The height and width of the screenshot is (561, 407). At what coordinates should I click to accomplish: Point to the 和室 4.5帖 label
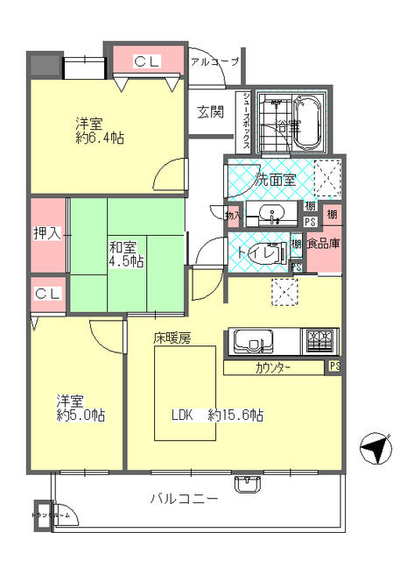tap(127, 254)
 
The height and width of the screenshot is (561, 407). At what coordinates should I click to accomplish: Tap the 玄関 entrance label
tap(209, 111)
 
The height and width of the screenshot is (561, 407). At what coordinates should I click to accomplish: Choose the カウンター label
tap(274, 368)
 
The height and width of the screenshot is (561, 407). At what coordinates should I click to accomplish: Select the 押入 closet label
tap(48, 235)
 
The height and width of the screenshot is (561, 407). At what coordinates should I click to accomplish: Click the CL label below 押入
tap(48, 294)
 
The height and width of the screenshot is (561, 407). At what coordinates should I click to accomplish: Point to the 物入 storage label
tap(232, 214)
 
